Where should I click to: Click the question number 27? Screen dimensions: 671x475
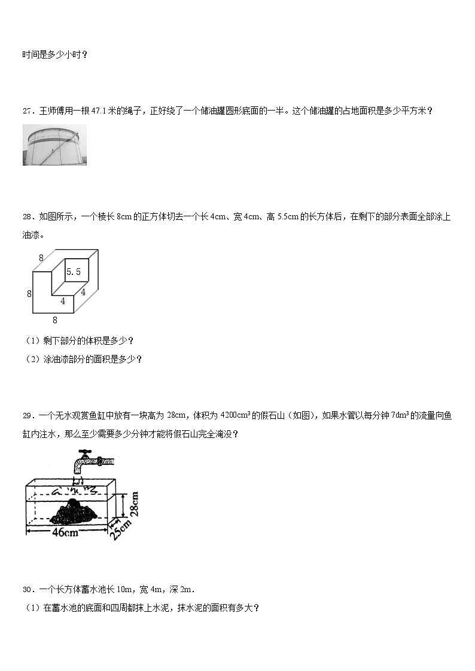(27, 111)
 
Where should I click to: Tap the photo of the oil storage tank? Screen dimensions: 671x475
(54, 145)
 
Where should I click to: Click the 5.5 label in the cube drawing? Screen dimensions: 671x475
(74, 272)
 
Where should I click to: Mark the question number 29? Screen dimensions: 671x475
(27, 416)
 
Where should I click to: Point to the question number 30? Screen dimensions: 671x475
(27, 590)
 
